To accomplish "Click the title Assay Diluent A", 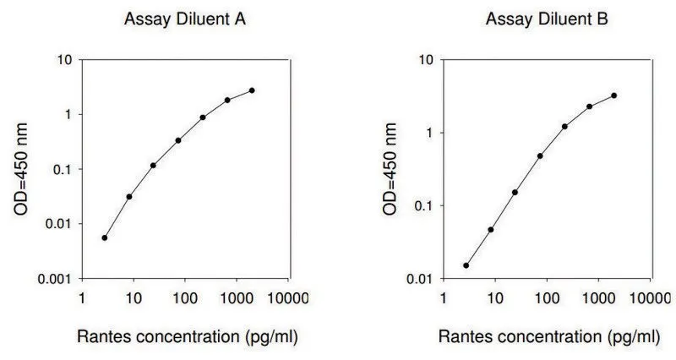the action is tap(185, 19).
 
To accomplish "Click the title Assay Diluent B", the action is tap(547, 19).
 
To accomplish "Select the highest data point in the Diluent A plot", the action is tap(252, 90).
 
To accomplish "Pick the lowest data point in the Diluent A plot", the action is tap(104, 237).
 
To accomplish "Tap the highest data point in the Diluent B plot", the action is tap(614, 95).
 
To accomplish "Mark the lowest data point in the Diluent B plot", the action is tap(466, 265).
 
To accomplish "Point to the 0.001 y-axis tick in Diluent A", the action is tap(54, 280).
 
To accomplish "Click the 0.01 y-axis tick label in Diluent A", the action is tap(58, 224).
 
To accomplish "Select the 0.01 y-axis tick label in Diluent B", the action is tap(419, 279).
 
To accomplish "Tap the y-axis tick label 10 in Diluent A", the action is tap(64, 60).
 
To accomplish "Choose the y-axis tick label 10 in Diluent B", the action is tap(426, 60).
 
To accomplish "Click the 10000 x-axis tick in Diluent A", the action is tap(288, 298).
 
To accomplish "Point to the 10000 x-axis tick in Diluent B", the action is tap(650, 298).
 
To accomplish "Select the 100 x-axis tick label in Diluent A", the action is tap(185, 298).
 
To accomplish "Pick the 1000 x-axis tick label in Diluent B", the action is tap(598, 298).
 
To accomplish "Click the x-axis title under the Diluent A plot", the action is tap(188, 336).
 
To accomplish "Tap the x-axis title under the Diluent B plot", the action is tap(549, 336).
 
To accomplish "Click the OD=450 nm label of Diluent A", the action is tap(20, 169).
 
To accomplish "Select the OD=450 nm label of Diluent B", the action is tap(390, 169).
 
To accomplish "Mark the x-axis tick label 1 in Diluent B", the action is tap(444, 298).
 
